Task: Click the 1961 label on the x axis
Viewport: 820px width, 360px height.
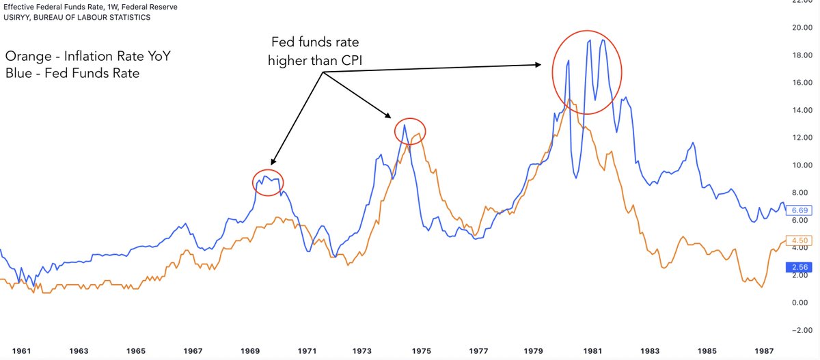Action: (22, 350)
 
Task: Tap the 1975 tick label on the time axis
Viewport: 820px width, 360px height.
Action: (422, 350)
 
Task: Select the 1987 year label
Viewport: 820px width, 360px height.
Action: (764, 350)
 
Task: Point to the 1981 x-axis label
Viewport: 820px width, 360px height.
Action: (592, 350)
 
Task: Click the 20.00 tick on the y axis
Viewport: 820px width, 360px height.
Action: (800, 28)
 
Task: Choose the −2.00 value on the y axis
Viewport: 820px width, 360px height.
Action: (799, 330)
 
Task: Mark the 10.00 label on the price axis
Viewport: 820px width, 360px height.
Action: (800, 165)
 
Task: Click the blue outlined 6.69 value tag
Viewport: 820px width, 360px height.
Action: (800, 211)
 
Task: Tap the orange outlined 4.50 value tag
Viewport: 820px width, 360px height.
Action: (800, 240)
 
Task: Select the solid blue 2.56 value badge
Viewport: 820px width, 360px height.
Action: (800, 267)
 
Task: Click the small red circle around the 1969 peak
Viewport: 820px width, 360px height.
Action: (268, 182)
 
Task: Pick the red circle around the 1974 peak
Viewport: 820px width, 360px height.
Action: (410, 130)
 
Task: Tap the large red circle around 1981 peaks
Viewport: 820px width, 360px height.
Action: (588, 72)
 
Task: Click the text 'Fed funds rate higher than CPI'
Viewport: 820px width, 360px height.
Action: (322, 51)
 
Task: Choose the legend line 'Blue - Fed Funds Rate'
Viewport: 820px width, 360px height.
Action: (72, 73)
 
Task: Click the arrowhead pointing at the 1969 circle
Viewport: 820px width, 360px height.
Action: (273, 163)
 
